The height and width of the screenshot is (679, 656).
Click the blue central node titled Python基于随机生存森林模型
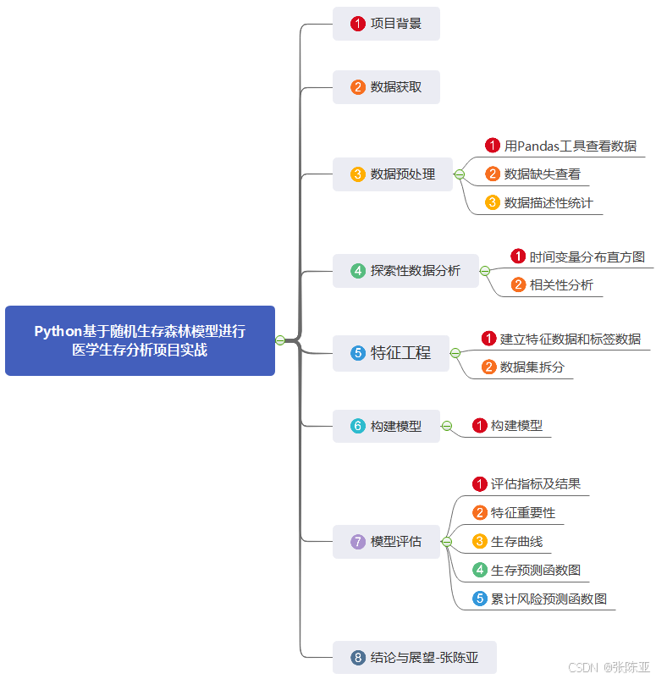pyautogui.click(x=140, y=340)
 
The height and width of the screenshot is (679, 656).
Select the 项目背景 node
pyautogui.click(x=386, y=24)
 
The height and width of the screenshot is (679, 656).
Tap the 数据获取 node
pyautogui.click(x=386, y=87)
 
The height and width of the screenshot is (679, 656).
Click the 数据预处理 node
pyautogui.click(x=393, y=174)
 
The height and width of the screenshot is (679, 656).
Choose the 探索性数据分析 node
pyautogui.click(x=405, y=271)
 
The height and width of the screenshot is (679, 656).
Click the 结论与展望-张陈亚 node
pyautogui.click(x=414, y=657)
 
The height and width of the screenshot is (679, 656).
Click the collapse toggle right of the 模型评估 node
pyautogui.click(x=447, y=542)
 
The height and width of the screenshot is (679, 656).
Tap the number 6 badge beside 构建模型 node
pyautogui.click(x=358, y=427)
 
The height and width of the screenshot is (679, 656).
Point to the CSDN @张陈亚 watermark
pyautogui.click(x=609, y=667)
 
